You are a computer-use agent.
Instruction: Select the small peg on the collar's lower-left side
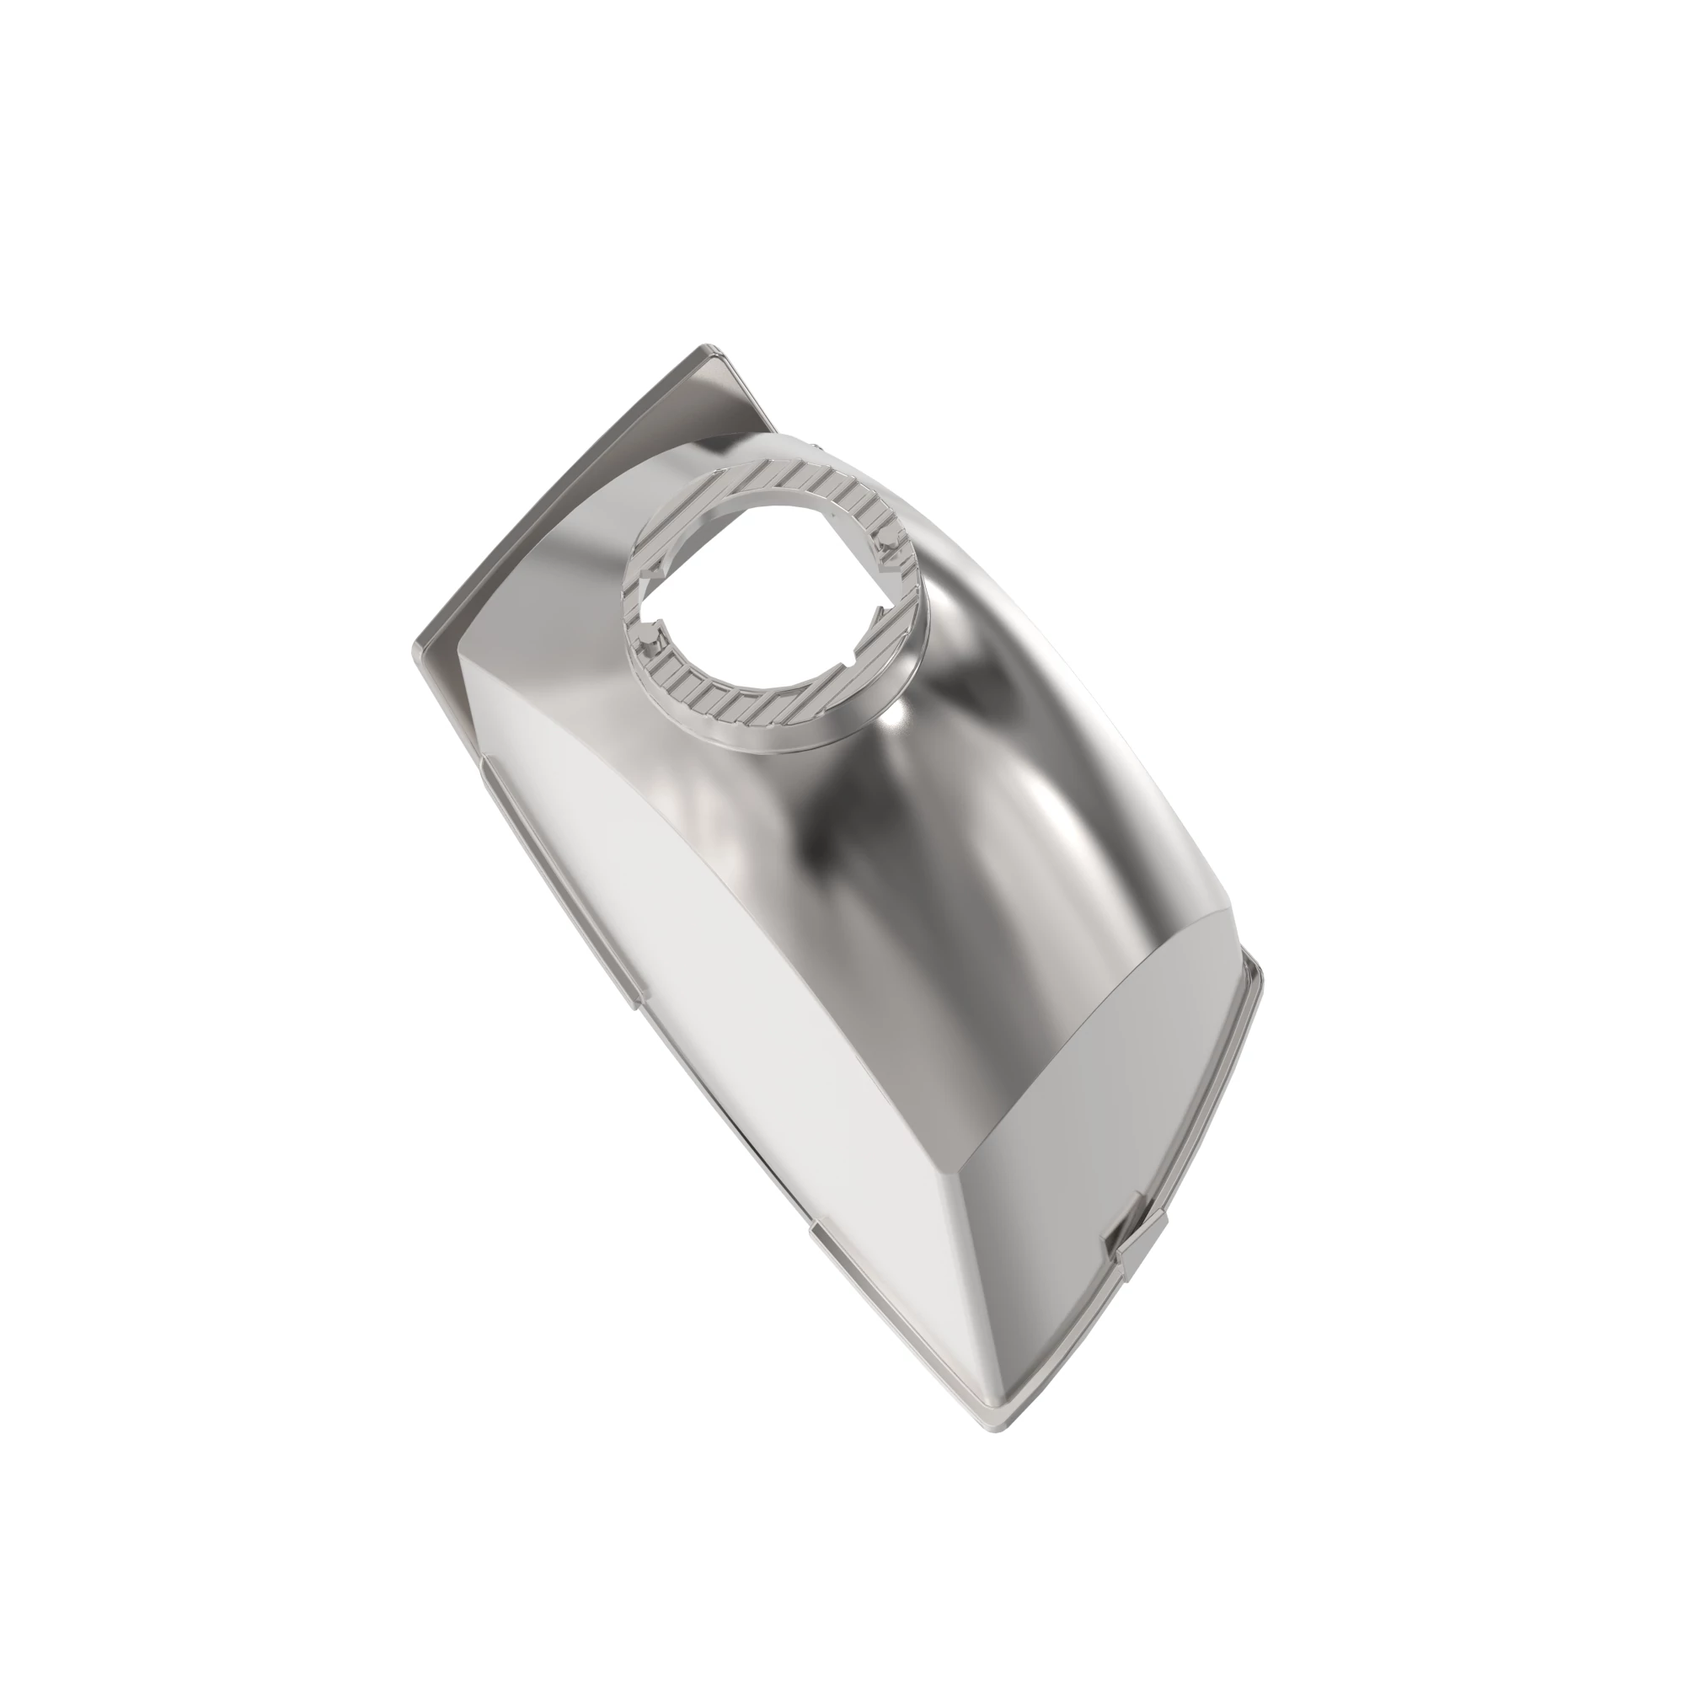click(646, 645)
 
